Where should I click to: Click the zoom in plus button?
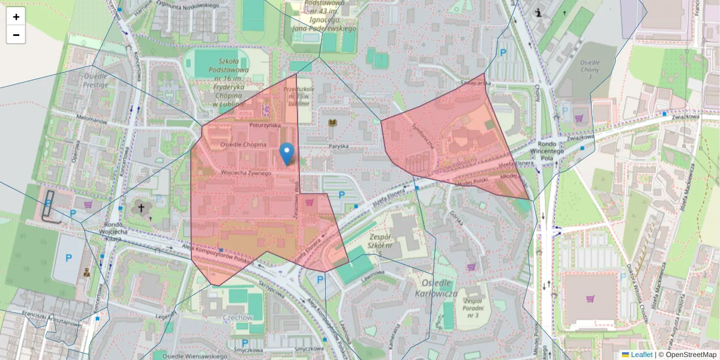16,17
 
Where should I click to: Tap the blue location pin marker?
287,153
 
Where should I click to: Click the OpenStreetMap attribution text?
691,355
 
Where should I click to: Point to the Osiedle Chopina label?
243,145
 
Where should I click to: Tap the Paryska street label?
338,146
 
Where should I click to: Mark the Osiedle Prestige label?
96,80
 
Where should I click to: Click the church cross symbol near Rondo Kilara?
141,209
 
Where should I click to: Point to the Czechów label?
237,317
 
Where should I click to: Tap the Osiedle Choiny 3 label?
590,70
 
